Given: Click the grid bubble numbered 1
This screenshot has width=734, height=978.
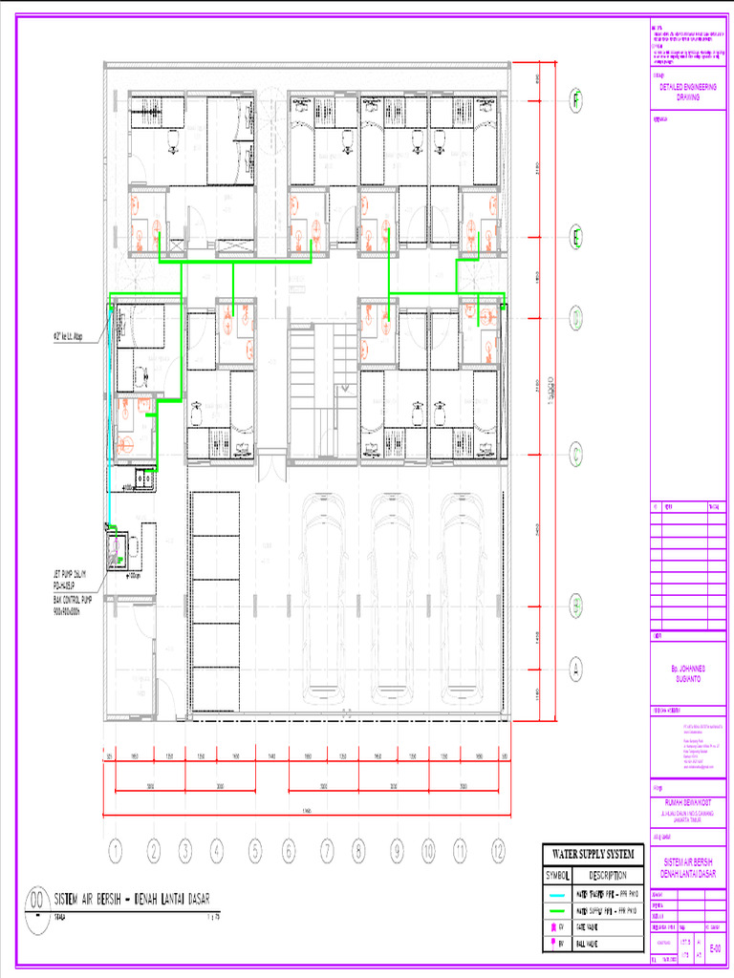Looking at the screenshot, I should pos(115,849).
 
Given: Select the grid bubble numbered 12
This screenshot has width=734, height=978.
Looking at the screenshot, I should pos(498,849).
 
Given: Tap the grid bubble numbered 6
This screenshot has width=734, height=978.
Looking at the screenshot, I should pos(288,849).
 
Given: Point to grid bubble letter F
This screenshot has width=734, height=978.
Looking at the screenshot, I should pos(577,98).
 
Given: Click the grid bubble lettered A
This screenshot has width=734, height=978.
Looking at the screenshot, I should pos(577,666).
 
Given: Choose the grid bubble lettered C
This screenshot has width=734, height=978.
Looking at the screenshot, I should pos(577,455).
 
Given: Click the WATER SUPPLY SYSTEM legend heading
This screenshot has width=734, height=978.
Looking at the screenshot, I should pos(593,853).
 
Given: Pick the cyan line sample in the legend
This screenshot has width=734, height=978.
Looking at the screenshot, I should pos(557,894).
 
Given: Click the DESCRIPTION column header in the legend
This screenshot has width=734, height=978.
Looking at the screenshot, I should pos(608,875).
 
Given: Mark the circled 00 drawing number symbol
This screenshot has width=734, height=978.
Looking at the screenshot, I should pos(37,899).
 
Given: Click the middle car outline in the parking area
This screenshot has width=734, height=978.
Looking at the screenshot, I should pos(393,597).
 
